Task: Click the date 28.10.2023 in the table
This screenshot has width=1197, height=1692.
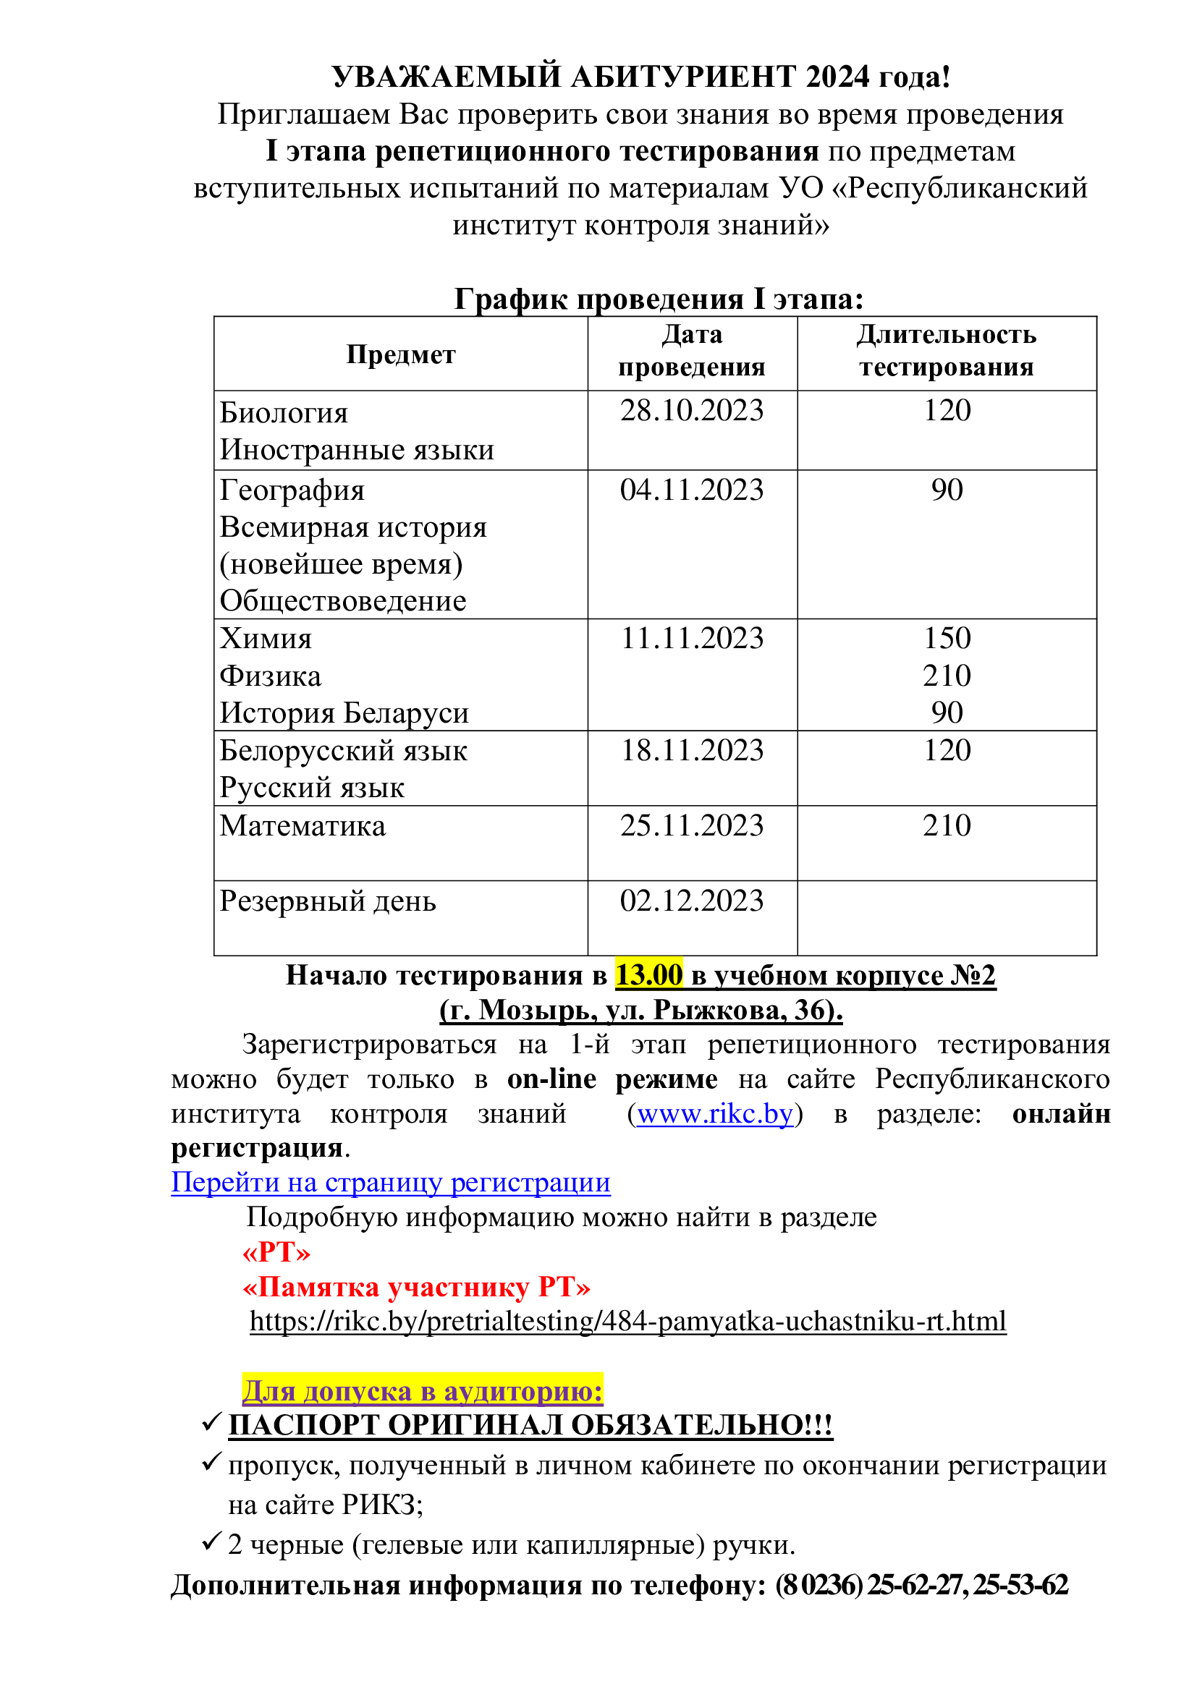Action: (691, 410)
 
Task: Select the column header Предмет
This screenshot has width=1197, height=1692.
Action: (401, 354)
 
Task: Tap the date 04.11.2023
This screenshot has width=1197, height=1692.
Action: (691, 490)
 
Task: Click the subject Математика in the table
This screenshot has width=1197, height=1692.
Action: (303, 825)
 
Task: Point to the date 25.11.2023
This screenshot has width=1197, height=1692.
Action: (691, 825)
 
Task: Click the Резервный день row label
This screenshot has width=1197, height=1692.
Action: (327, 901)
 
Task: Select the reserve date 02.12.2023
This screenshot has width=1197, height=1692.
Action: (691, 901)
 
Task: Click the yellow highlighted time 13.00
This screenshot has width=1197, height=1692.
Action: (648, 975)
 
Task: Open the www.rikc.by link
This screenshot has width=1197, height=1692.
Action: (715, 1113)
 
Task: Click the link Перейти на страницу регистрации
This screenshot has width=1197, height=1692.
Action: (391, 1182)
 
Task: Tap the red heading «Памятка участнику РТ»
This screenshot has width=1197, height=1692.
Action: (416, 1287)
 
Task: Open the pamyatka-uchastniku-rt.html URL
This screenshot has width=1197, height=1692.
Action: (628, 1321)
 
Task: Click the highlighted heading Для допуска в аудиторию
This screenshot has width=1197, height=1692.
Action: (423, 1390)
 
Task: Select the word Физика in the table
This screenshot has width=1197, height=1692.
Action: (271, 676)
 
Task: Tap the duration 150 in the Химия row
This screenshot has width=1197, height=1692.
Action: (947, 638)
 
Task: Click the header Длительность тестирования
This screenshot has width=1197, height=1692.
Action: (947, 351)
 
